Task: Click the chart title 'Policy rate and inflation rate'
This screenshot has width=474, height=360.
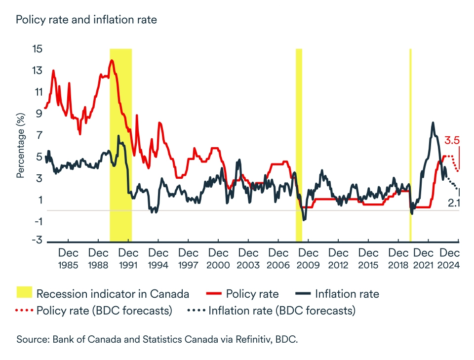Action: [86, 20]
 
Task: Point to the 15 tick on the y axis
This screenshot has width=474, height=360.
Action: [37, 49]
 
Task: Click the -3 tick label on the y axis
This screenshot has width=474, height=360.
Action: [37, 240]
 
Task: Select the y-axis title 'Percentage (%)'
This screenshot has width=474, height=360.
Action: [20, 145]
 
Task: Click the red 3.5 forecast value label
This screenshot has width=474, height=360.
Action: [452, 141]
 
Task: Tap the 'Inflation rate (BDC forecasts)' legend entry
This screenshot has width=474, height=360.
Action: [271, 311]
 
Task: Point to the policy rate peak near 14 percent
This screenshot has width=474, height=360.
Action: [112, 61]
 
